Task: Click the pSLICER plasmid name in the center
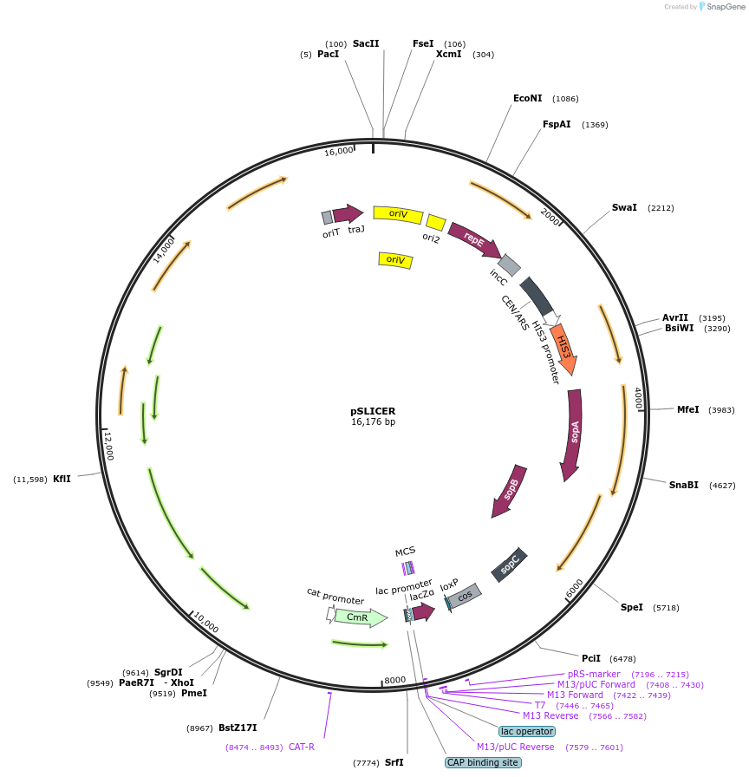click(x=373, y=411)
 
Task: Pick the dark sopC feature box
click(x=509, y=565)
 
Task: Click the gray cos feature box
click(x=465, y=597)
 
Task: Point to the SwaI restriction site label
click(x=624, y=208)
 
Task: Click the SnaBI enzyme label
click(x=683, y=485)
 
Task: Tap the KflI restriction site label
click(x=62, y=479)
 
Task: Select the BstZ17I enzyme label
click(x=238, y=728)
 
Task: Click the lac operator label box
click(x=526, y=731)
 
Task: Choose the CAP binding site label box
click(x=483, y=762)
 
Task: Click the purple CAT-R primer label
click(x=301, y=747)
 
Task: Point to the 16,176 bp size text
click(x=373, y=422)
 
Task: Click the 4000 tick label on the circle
click(x=638, y=398)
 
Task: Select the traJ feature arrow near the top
click(x=348, y=213)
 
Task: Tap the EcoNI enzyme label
click(x=528, y=98)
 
